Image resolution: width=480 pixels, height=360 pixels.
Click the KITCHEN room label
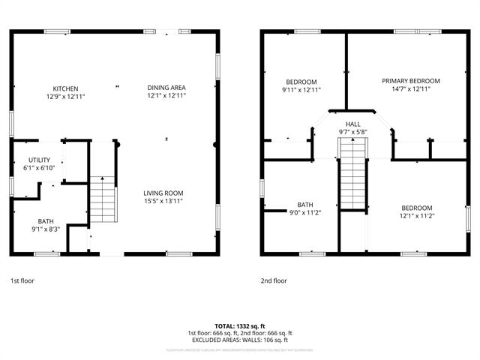[x=65, y=88]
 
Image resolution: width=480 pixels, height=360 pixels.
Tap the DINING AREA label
[x=166, y=88]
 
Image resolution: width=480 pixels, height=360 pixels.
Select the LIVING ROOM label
[x=163, y=193]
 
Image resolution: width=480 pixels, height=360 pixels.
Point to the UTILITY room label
[x=39, y=160]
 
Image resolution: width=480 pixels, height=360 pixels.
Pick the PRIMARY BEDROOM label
[x=410, y=81]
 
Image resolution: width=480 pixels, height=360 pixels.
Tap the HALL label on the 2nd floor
[x=352, y=124]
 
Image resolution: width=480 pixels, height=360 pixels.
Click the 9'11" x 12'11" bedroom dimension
[x=301, y=90]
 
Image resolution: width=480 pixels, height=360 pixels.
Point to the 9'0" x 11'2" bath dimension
[x=305, y=212]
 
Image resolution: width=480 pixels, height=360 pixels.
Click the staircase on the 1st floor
[x=104, y=199]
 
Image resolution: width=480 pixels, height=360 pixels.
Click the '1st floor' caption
[x=22, y=280]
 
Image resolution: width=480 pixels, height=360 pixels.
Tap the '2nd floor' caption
[x=274, y=280]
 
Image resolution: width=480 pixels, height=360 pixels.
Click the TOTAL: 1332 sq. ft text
[x=239, y=326]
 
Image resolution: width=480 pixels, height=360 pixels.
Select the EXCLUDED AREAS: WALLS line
[x=239, y=340]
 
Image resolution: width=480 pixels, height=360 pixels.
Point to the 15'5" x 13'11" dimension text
[x=163, y=200]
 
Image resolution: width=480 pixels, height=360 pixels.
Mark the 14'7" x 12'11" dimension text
[x=410, y=89]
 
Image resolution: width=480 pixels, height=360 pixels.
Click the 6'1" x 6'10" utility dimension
[x=39, y=168]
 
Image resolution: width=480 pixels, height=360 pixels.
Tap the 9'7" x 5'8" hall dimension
[x=352, y=132]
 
